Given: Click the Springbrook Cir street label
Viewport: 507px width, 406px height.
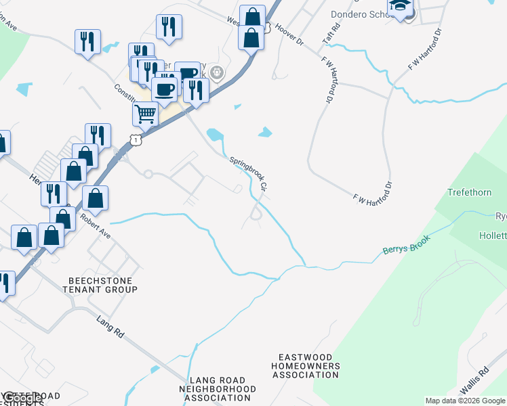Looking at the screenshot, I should point(249,173).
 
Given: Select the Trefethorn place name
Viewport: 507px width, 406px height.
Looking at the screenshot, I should point(469,193).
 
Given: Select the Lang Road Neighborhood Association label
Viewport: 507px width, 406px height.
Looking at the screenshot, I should point(218,389).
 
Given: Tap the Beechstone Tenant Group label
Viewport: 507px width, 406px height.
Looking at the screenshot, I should point(102,285).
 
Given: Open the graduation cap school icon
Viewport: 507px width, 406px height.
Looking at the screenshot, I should point(401,7).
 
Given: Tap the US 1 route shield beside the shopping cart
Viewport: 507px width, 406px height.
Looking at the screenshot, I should point(138,139).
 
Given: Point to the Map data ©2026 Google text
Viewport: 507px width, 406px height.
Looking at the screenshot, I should point(464,401).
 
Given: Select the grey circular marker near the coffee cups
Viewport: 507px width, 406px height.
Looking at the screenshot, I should point(217,72).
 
